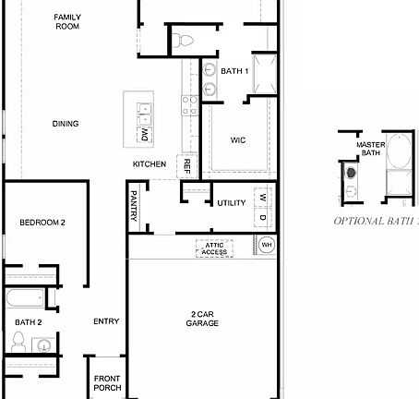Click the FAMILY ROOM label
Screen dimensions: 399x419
pyautogui.click(x=66, y=22)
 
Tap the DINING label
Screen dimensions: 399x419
pyautogui.click(x=66, y=124)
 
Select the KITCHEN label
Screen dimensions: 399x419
pyautogui.click(x=149, y=164)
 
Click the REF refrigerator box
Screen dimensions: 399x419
pyautogui.click(x=186, y=166)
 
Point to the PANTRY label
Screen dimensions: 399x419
pyautogui.click(x=134, y=205)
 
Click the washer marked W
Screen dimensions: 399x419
pyautogui.click(x=262, y=198)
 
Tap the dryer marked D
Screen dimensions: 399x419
pyautogui.click(x=262, y=218)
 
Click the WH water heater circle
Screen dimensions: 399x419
pyautogui.click(x=266, y=245)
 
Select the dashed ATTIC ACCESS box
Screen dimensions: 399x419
pyautogui.click(x=214, y=248)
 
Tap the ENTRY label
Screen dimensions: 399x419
pyautogui.click(x=106, y=321)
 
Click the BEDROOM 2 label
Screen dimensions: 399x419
pyautogui.click(x=42, y=223)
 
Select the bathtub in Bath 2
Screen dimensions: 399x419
pyautogui.click(x=24, y=298)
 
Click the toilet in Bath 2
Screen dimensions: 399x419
pyautogui.click(x=18, y=342)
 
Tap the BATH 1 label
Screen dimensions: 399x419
pyautogui.click(x=234, y=71)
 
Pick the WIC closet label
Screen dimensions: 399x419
pyautogui.click(x=238, y=139)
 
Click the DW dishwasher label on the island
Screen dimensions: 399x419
pyautogui.click(x=145, y=135)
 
